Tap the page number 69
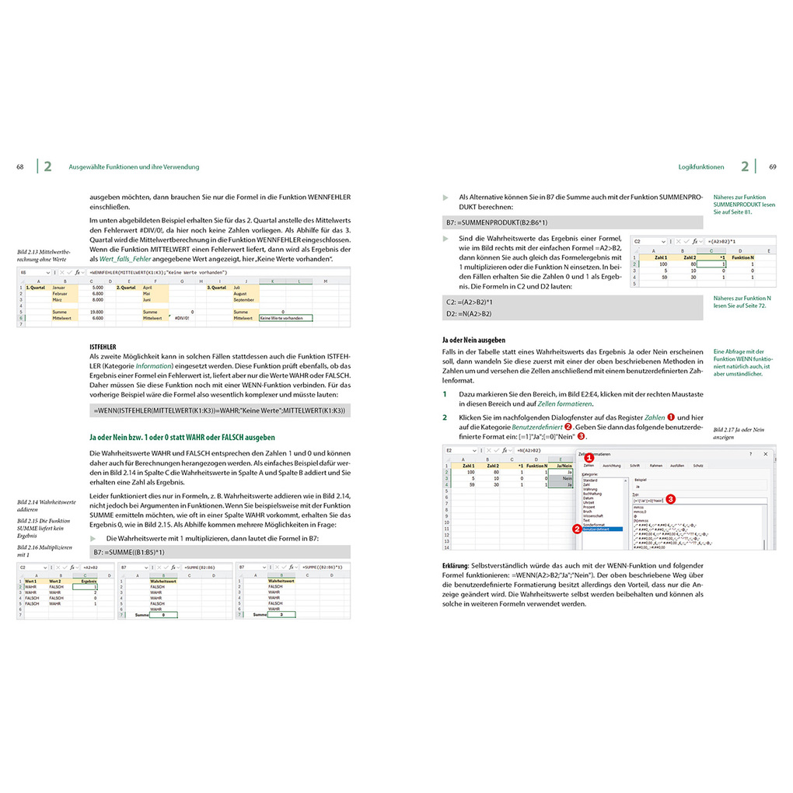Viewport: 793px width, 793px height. (773, 166)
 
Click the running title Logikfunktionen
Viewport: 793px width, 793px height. (700, 166)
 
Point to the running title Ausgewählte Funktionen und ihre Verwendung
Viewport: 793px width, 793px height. (134, 166)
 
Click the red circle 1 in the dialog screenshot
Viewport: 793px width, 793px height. (589, 458)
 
